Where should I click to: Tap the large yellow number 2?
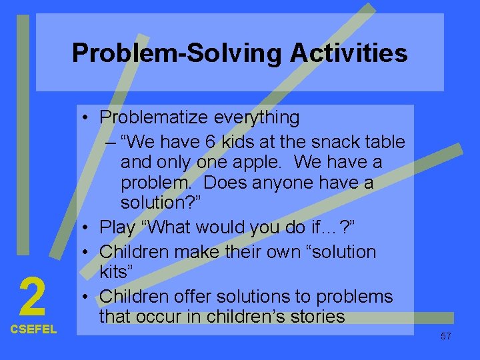32,297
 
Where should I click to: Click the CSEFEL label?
33,329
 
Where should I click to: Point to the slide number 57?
445,336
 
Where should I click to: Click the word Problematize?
154,118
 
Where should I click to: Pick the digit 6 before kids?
204,142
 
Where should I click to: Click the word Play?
117,227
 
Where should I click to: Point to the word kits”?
117,272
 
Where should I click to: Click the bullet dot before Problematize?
87,119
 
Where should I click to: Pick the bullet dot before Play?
87,227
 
